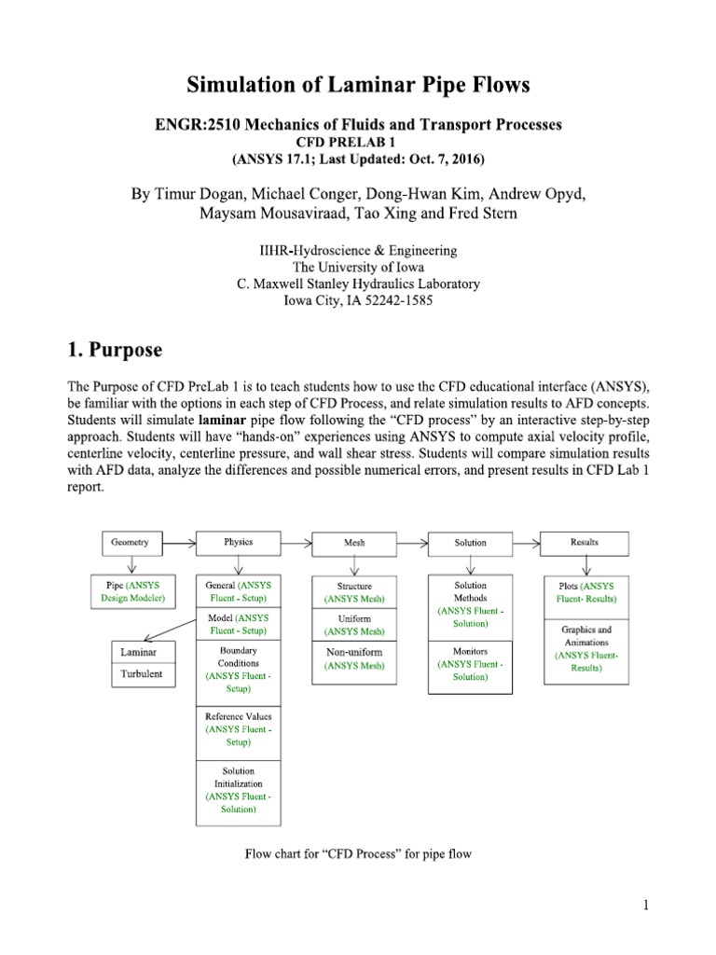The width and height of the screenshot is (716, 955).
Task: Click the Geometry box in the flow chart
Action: point(131,542)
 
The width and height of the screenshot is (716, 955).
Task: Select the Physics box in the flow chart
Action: point(239,542)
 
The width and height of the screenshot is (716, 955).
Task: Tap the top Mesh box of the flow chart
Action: point(354,542)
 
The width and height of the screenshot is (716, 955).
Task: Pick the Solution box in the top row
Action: point(470,542)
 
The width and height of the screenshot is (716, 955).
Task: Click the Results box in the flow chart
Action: point(585,542)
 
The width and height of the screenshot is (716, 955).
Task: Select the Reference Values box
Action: point(238,729)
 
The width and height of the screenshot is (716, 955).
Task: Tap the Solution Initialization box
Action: point(238,791)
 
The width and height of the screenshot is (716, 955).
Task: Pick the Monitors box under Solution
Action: point(470,663)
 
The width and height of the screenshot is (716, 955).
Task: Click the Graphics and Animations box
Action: point(585,648)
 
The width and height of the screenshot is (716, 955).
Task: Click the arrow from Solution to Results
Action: point(528,542)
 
